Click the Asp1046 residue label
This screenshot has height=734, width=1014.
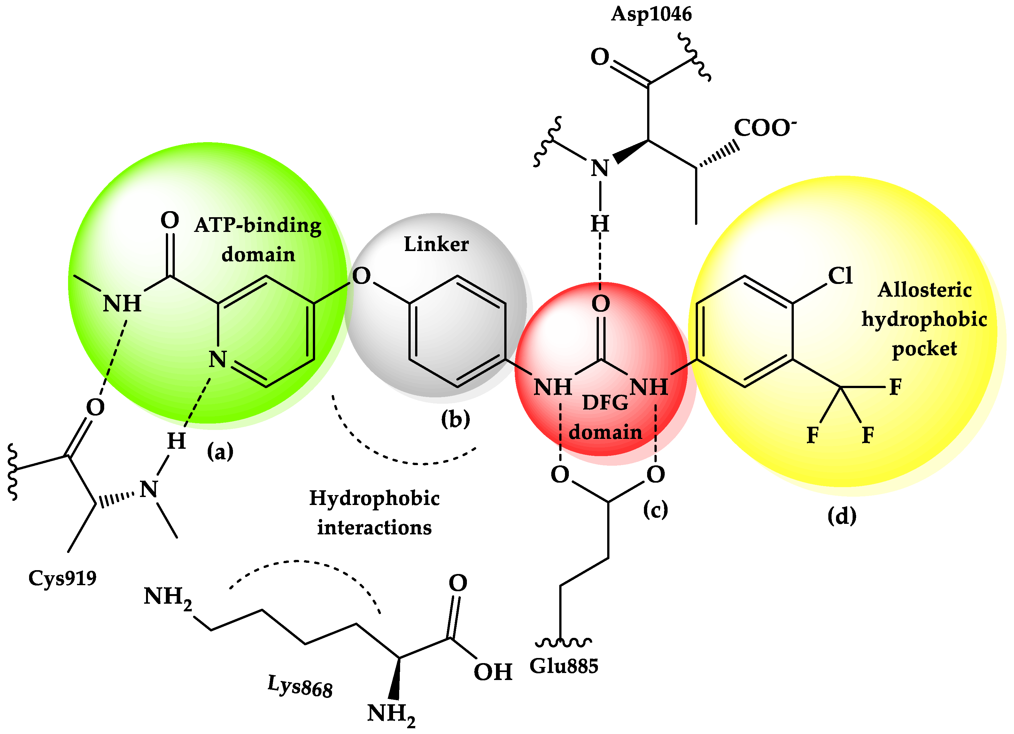click(651, 14)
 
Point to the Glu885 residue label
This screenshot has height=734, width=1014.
click(563, 666)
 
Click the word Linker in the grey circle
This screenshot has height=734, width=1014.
click(436, 244)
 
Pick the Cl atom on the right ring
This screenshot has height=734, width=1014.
click(840, 276)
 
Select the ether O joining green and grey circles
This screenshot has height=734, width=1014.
click(361, 276)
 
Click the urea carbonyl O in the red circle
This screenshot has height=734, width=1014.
click(600, 304)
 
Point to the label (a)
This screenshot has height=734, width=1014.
click(220, 452)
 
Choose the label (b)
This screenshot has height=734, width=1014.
click(455, 419)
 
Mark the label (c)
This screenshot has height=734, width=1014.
click(655, 509)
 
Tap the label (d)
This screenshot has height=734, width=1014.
click(842, 516)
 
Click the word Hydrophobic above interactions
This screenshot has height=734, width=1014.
click(374, 498)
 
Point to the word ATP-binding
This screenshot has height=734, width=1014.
click(258, 225)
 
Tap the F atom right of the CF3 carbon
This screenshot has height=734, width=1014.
click(895, 387)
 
